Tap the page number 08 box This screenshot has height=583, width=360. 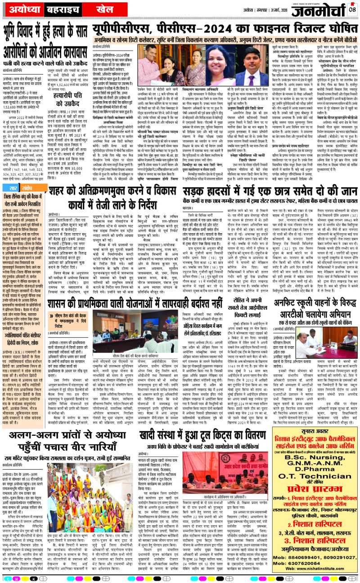[352, 9]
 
